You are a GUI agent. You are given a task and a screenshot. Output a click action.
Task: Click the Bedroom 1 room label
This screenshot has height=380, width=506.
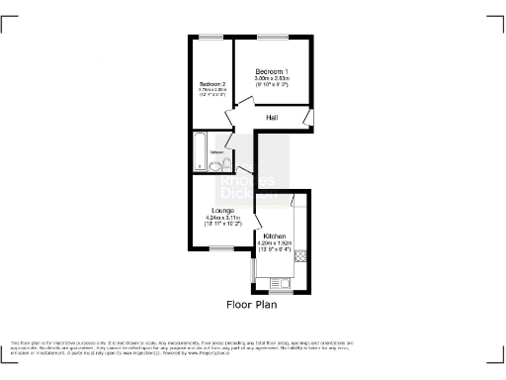pos(272,72)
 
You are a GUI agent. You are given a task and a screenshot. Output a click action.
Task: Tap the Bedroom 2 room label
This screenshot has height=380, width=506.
pos(212,84)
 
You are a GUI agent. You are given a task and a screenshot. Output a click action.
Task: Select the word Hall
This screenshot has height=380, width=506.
pos(271,118)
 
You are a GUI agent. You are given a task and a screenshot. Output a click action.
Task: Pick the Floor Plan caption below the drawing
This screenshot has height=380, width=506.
pos(252,304)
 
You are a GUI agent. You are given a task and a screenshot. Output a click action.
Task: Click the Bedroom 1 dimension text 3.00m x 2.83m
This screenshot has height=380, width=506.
pos(272,79)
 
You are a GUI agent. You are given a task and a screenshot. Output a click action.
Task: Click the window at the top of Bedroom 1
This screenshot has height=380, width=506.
pos(272,37)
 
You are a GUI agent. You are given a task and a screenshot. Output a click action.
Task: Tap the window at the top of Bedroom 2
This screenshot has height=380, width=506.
pos(210,37)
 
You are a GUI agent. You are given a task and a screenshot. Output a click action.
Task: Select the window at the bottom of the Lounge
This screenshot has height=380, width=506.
pos(219,248)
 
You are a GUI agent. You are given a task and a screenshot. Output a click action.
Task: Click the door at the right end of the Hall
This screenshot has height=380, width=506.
pos(307,120)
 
